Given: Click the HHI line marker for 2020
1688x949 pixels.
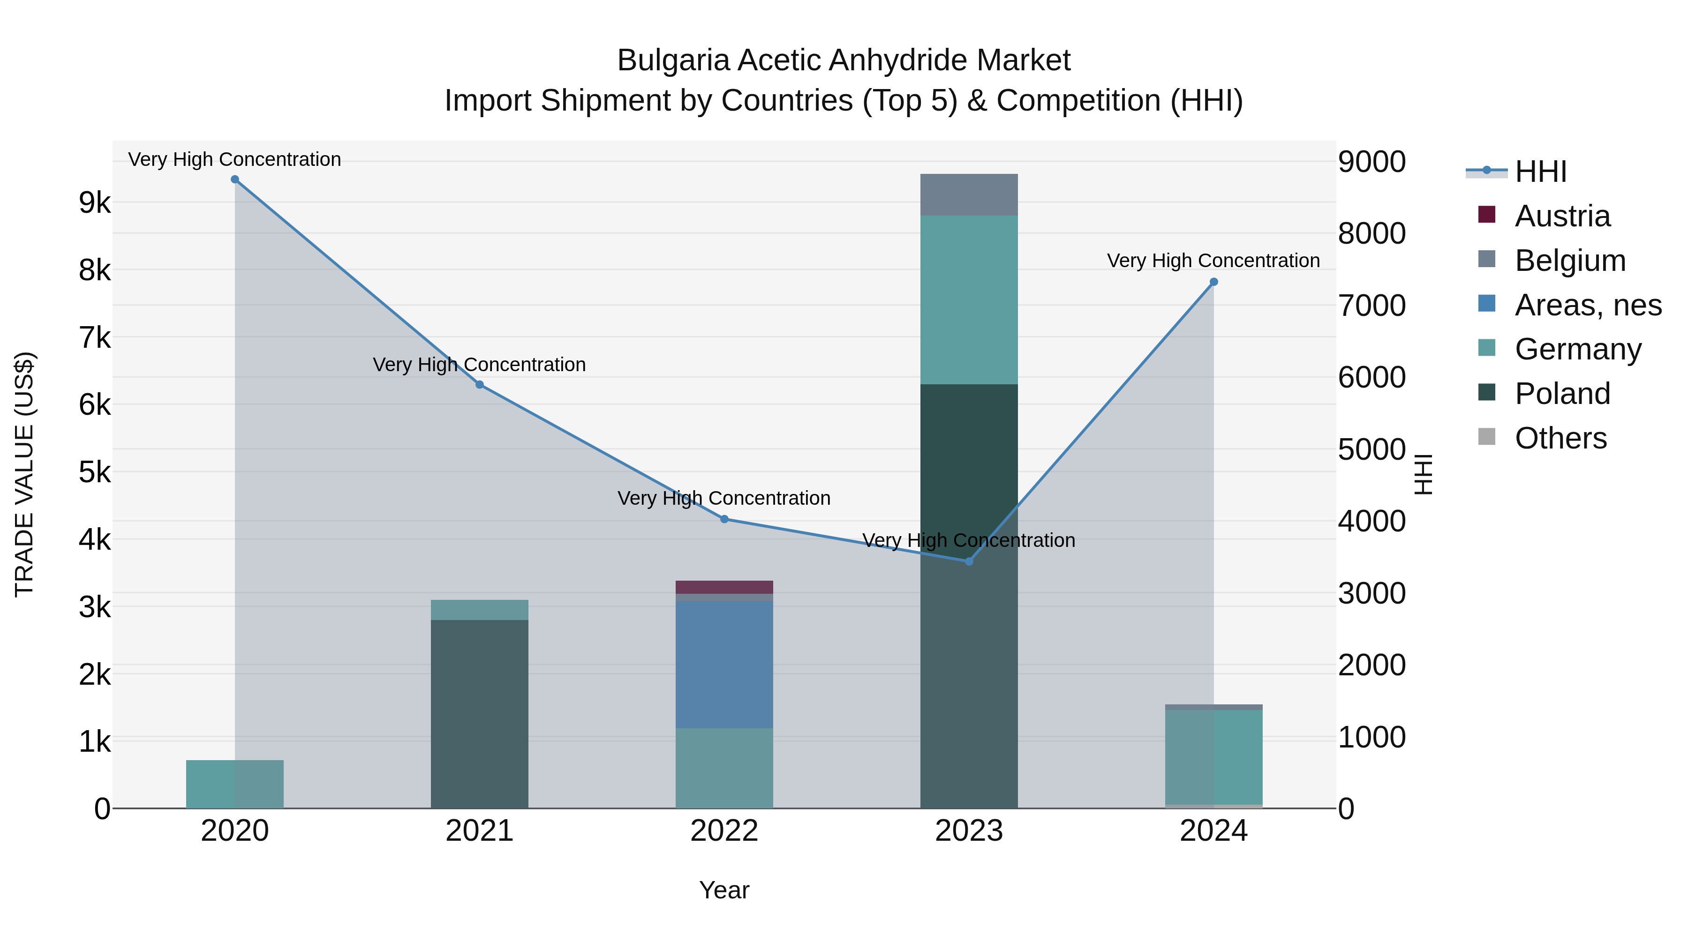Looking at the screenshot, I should coord(234,179).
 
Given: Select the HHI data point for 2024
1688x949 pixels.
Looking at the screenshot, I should coord(1213,282).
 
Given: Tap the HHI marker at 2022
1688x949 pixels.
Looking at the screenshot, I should coord(724,519).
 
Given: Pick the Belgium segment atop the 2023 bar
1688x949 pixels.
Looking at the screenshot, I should coord(969,194).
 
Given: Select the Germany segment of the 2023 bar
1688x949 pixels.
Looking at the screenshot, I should coord(969,299).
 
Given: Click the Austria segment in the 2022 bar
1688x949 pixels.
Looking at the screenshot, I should coord(724,587).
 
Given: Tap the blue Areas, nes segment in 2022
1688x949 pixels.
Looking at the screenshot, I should coord(724,664).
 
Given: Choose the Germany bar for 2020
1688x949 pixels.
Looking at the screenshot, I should coord(234,784).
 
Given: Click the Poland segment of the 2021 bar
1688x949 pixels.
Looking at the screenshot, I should coord(479,714).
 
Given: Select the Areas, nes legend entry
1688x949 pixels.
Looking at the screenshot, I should coord(1588,305).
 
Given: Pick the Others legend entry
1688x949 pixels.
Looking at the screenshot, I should coord(1560,438).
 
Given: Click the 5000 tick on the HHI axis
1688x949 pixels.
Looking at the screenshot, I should coord(1371,449).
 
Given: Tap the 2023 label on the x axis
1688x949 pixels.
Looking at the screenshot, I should coord(969,831).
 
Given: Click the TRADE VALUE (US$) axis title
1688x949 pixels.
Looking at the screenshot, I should coord(24,474).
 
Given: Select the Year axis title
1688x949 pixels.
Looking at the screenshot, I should coord(724,890).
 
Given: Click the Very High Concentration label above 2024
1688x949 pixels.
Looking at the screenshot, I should coord(1213,261).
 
